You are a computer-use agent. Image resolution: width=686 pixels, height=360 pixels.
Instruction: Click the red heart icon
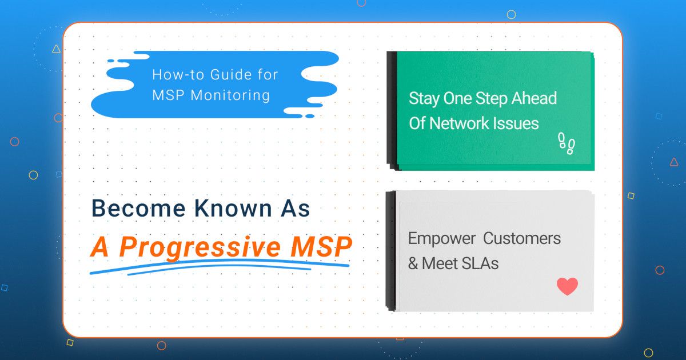pyautogui.click(x=567, y=286)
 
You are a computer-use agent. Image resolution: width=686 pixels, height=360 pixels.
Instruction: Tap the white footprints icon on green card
pyautogui.click(x=566, y=143)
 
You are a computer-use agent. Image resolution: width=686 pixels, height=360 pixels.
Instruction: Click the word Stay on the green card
pyautogui.click(x=424, y=98)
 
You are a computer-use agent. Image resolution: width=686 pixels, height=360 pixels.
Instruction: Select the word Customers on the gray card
pyautogui.click(x=524, y=238)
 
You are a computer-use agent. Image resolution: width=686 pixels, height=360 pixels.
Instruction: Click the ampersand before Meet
pyautogui.click(x=413, y=263)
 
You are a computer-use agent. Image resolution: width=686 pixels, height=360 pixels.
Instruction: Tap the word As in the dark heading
pyautogui.click(x=295, y=209)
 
